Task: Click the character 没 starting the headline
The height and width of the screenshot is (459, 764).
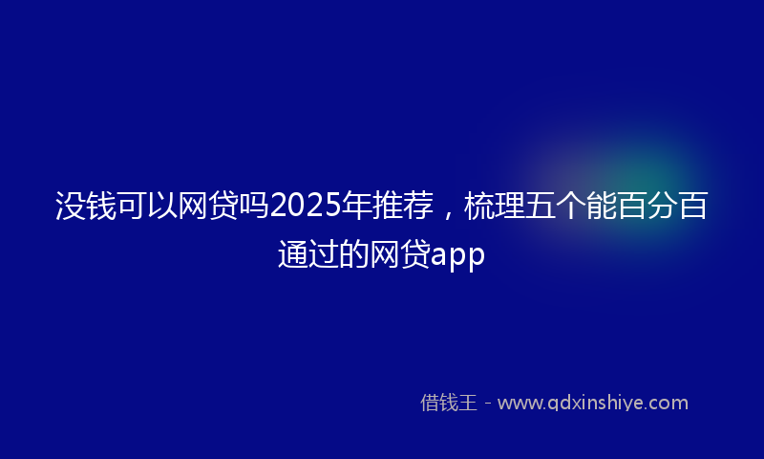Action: click(71, 207)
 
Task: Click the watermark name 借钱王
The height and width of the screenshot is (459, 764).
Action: click(448, 403)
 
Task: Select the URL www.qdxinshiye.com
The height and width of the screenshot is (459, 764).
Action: click(592, 403)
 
